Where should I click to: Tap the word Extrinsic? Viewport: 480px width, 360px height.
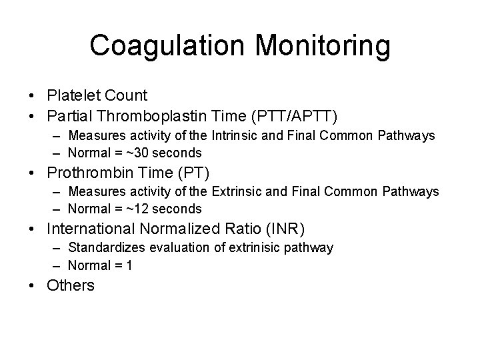click(x=238, y=192)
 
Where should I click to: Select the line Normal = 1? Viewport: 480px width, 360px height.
click(x=99, y=265)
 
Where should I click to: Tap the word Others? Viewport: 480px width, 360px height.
click(x=71, y=285)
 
